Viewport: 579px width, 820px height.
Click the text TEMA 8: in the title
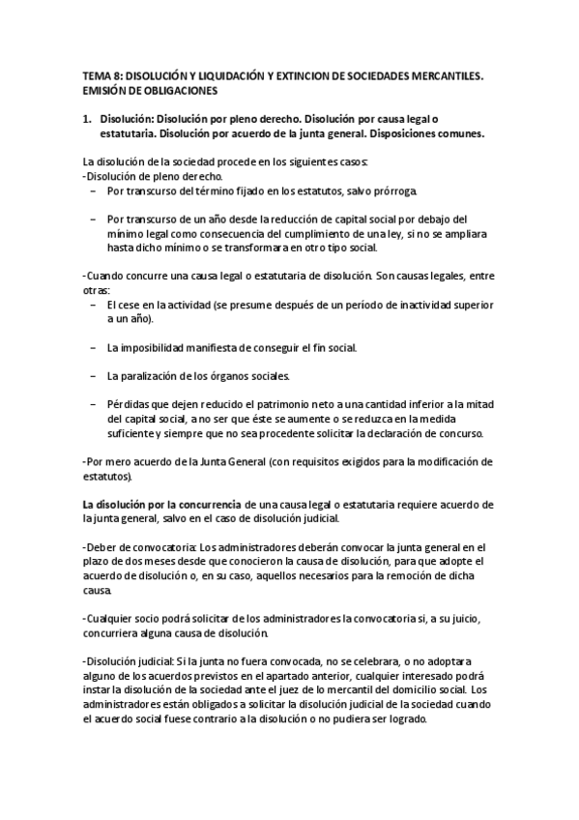99,73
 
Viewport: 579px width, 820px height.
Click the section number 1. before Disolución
87,117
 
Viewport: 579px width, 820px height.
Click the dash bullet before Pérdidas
92,404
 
